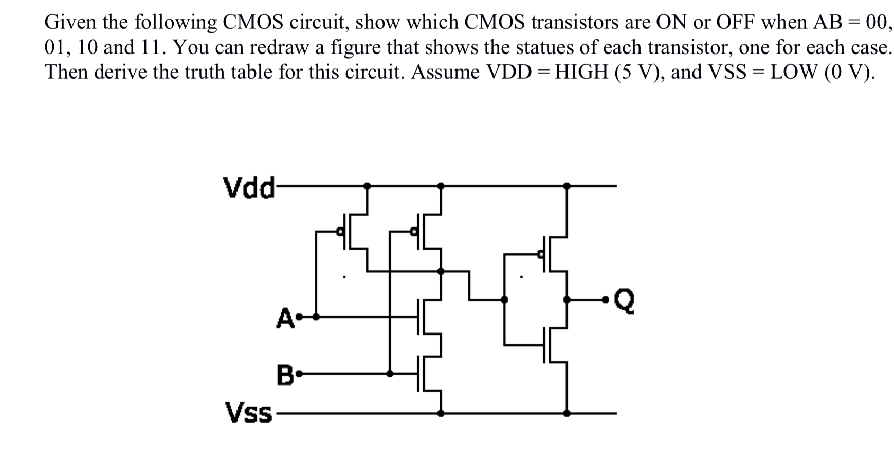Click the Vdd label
[248, 187]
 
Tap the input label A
[284, 318]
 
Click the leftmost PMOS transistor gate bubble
[339, 232]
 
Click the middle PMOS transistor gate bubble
[413, 232]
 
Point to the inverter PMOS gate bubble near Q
[540, 254]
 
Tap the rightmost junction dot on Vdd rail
[567, 185]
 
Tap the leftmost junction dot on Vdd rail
[367, 185]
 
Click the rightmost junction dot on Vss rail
[567, 413]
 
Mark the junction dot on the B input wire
[390, 374]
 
